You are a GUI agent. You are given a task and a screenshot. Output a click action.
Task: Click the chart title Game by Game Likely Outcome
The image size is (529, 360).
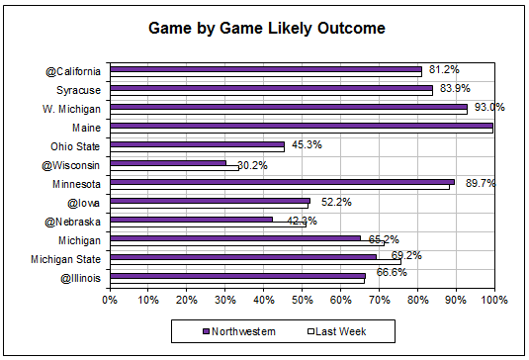tap(267, 28)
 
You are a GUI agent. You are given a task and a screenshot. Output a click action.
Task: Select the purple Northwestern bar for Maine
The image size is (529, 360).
tap(302, 125)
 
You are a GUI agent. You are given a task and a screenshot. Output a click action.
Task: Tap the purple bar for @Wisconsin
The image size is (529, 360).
tap(168, 162)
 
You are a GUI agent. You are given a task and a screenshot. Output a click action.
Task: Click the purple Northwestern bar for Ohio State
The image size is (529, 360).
tap(197, 143)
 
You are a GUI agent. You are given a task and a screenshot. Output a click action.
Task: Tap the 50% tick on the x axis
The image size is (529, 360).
tap(302, 299)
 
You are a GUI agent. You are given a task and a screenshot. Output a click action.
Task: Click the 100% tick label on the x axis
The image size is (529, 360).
tap(493, 299)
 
